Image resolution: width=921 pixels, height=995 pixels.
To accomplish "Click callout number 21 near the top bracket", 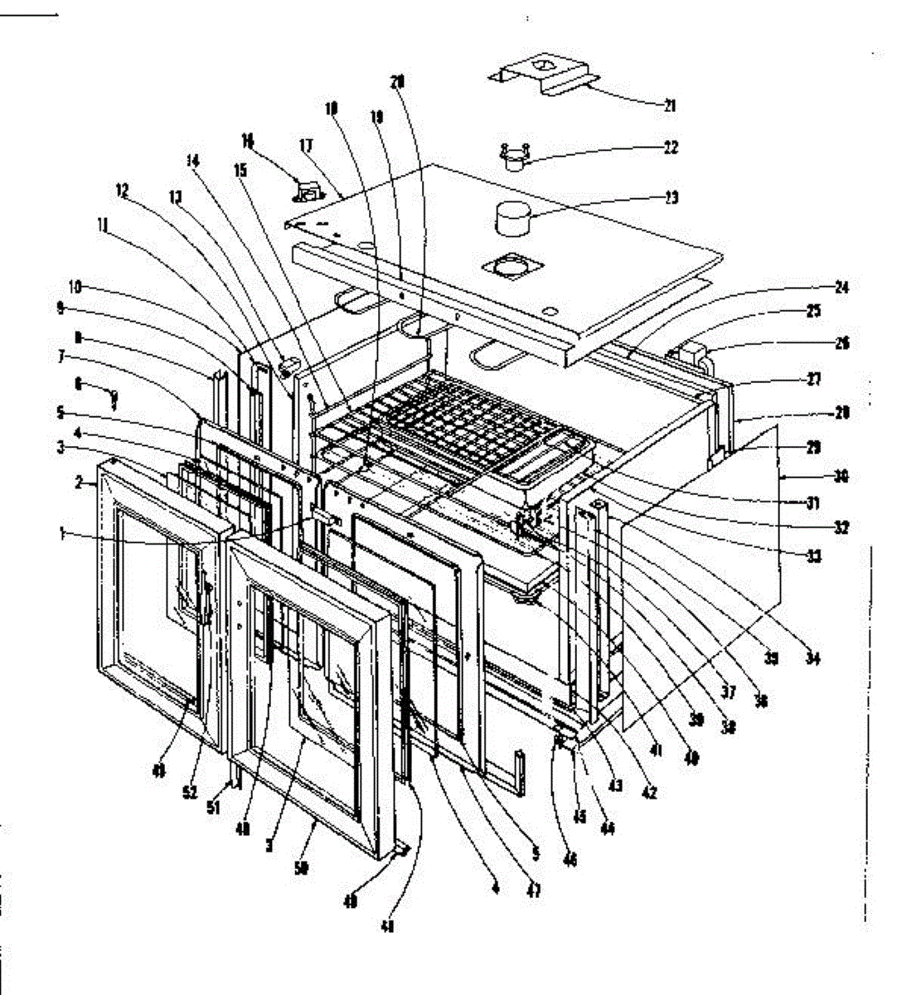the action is coord(670,105).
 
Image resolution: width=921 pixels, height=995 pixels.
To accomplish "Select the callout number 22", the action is coord(671,148).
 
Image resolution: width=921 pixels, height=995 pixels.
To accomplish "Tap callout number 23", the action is coord(671,197).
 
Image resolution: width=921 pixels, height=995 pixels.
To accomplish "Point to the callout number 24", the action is coord(842,288).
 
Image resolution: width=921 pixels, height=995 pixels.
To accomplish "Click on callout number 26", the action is coord(842,342).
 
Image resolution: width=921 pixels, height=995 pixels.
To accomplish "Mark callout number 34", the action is coord(813,658).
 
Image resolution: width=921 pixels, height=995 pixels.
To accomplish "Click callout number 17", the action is coord(306,146).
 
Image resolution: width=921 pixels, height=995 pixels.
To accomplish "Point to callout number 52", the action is coord(190,793).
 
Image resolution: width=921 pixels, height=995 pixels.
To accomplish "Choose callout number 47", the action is coord(535,892).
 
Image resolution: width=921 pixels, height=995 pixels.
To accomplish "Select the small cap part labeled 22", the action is coord(516,156).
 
